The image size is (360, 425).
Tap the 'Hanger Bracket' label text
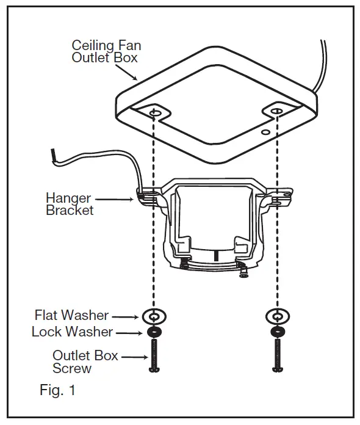click(x=69, y=205)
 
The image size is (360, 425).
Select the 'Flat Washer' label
click(x=71, y=316)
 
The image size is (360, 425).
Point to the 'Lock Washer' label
click(x=72, y=332)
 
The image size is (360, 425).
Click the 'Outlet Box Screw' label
click(x=85, y=361)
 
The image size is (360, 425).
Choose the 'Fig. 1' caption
click(x=58, y=390)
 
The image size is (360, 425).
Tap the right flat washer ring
click(x=278, y=316)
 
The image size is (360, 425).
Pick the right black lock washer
click(x=278, y=332)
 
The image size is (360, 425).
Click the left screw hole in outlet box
click(x=155, y=114)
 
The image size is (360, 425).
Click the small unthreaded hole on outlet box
click(x=264, y=131)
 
